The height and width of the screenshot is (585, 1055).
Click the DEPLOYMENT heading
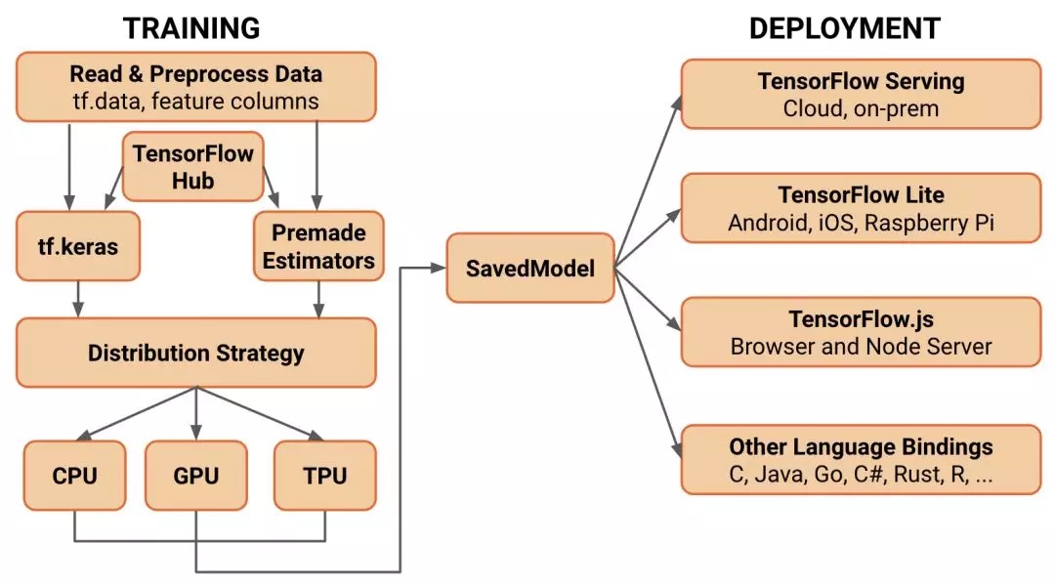[x=844, y=27]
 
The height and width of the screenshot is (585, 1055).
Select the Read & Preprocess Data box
[x=195, y=87]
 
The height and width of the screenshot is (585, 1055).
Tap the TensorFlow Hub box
[x=192, y=167]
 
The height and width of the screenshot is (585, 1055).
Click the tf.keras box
[x=78, y=246]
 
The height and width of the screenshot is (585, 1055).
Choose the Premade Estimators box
[x=318, y=246]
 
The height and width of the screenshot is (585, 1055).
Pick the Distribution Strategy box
[x=195, y=353]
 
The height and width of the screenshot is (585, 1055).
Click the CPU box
[x=74, y=476]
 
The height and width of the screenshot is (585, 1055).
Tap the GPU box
[x=195, y=476]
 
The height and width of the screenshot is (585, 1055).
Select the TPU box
[x=324, y=476]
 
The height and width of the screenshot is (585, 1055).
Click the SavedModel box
[x=531, y=268]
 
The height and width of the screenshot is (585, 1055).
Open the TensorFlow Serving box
[x=860, y=94]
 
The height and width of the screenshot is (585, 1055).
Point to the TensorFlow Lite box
[x=860, y=208]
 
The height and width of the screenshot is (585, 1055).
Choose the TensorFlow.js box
[x=860, y=332]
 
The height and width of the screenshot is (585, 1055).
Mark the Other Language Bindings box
[x=860, y=461]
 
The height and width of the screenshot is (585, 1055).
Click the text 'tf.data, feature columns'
[x=195, y=101]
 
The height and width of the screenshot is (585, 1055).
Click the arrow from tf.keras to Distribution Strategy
[x=78, y=299]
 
